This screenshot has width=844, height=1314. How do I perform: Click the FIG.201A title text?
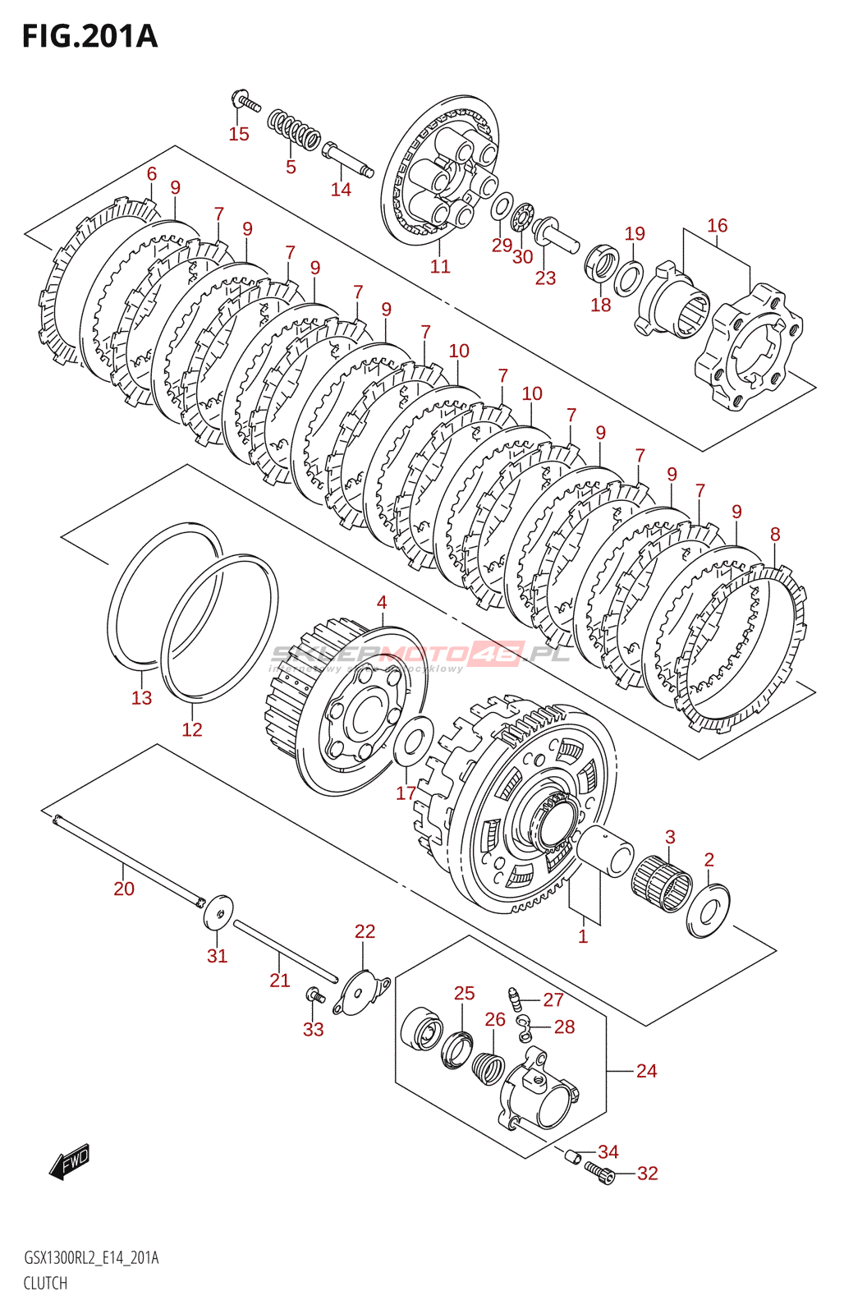[x=89, y=36]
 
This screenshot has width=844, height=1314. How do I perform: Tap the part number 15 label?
[x=238, y=134]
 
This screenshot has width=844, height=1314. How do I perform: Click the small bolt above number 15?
[x=245, y=102]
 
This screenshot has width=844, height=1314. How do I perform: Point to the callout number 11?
[x=440, y=266]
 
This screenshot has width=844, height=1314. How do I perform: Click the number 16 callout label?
[x=717, y=225]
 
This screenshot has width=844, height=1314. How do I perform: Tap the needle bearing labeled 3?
[x=662, y=883]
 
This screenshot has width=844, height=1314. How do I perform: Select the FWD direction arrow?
[x=69, y=1162]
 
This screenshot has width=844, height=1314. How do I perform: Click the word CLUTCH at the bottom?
[x=45, y=1283]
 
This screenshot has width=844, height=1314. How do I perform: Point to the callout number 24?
[x=646, y=1071]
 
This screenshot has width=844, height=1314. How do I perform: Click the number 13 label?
[x=141, y=698]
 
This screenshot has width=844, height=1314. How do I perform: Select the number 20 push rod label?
[x=124, y=889]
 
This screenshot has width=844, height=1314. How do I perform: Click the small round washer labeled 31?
[x=218, y=911]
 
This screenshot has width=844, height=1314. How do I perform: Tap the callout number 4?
[x=382, y=603]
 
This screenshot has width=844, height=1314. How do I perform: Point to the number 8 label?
[x=775, y=535]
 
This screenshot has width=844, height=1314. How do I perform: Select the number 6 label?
[x=152, y=173]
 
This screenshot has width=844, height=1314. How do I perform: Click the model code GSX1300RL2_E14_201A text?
[x=91, y=1258]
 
